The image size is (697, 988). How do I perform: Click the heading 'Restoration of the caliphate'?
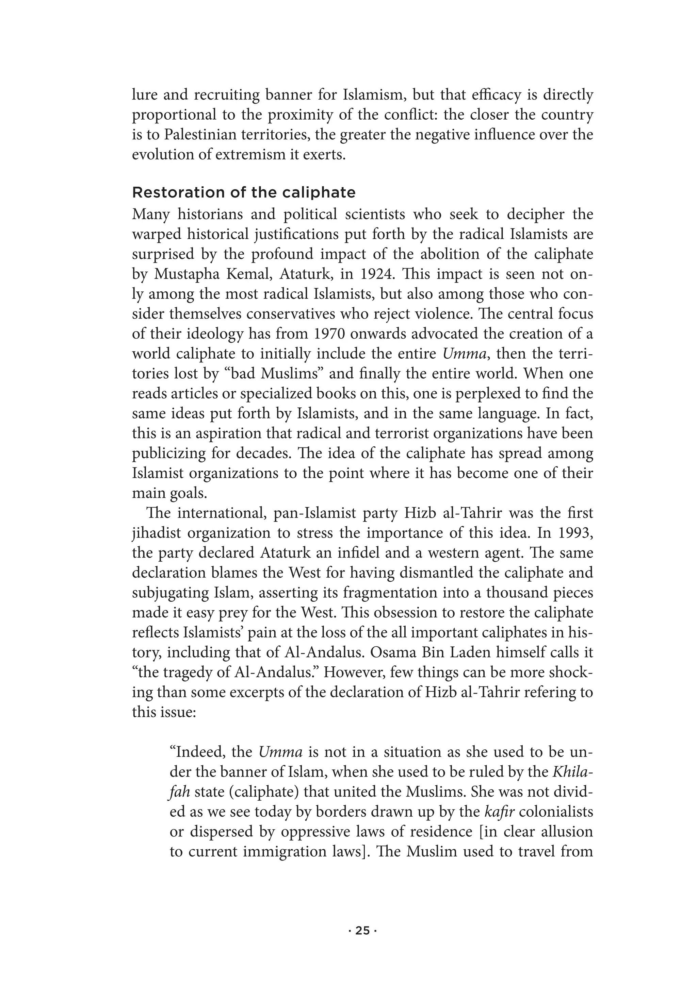243,192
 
